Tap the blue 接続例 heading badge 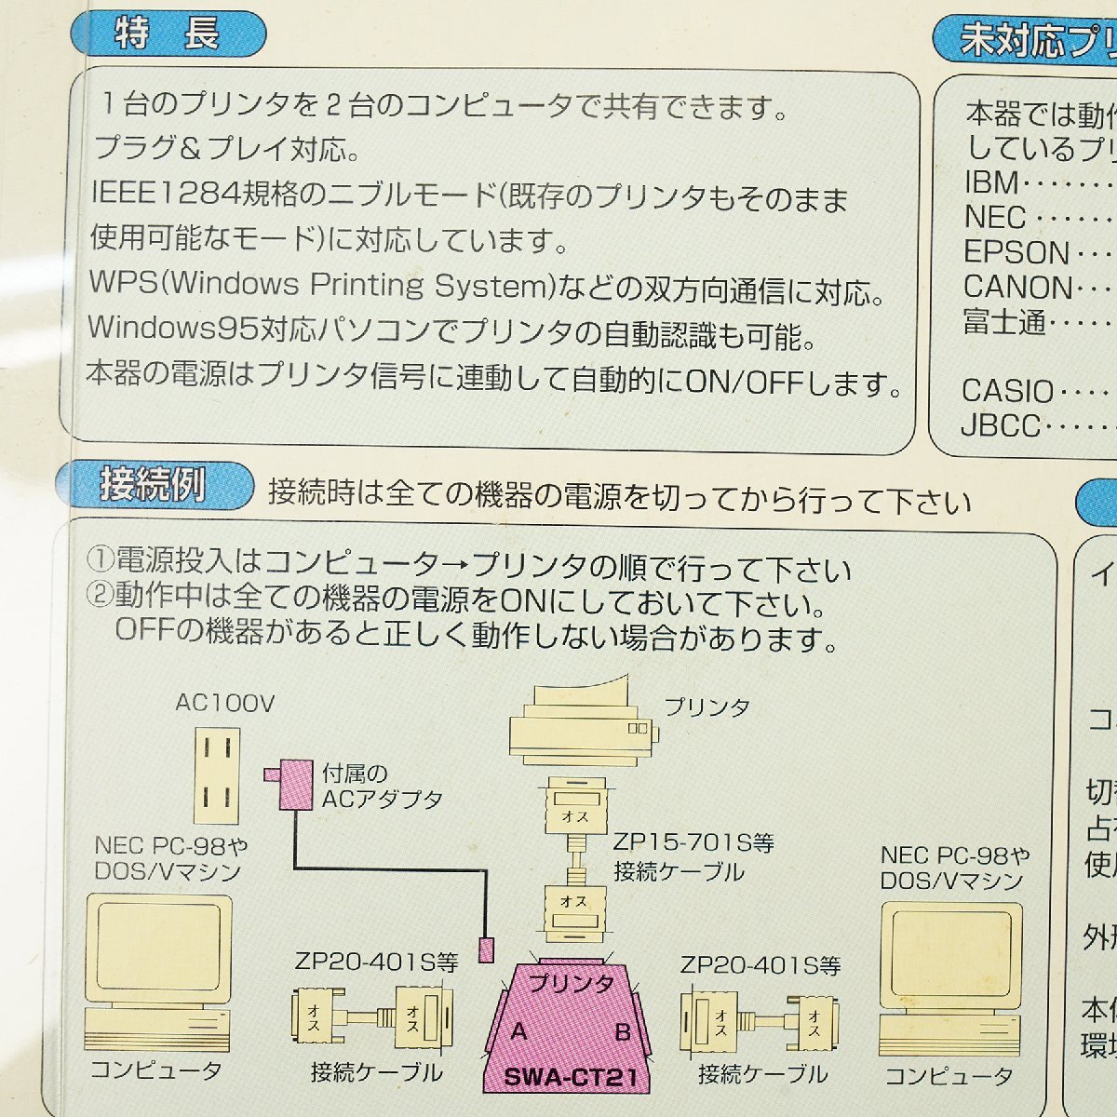(153, 486)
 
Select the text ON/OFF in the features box (744, 382)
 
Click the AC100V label (224, 703)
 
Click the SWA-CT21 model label (571, 1078)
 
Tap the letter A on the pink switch (518, 1031)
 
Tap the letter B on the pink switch (623, 1031)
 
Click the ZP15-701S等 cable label (693, 843)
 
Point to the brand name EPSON (1016, 253)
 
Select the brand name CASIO (1007, 391)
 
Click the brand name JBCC (1001, 426)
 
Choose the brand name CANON (1018, 288)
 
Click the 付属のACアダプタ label (382, 787)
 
